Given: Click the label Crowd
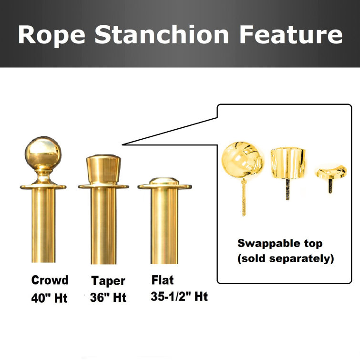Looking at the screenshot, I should coord(50,280).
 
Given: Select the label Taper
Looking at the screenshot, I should coord(108,281).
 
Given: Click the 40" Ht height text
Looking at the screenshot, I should coord(50,298).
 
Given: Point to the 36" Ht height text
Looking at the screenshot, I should coord(108,298).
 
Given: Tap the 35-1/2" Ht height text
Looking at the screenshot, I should coord(179,296).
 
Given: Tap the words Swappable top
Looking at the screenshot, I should coord(280,244).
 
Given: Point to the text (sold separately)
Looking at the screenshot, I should coord(286,259).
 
